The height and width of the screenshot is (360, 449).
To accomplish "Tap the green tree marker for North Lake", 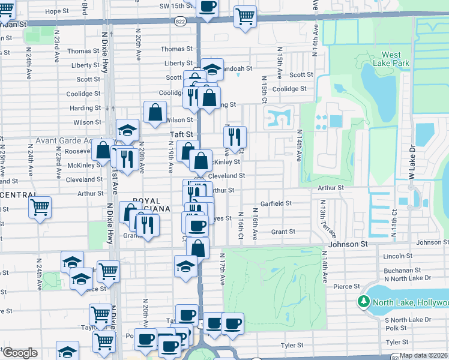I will (x=363, y=301).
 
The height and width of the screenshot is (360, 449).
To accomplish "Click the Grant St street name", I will (x=283, y=232).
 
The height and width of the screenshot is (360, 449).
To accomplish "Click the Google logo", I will (x=20, y=353).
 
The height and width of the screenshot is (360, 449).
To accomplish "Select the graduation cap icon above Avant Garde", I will (x=127, y=130).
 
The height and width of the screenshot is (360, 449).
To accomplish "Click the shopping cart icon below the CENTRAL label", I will (x=40, y=207).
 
